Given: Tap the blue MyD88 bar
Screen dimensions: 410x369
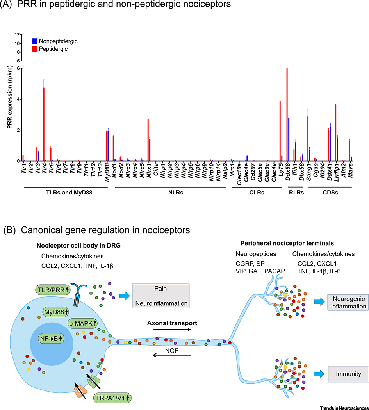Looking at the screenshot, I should [x=108, y=146].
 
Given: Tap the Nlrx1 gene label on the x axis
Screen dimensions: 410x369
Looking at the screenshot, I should [x=149, y=172].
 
